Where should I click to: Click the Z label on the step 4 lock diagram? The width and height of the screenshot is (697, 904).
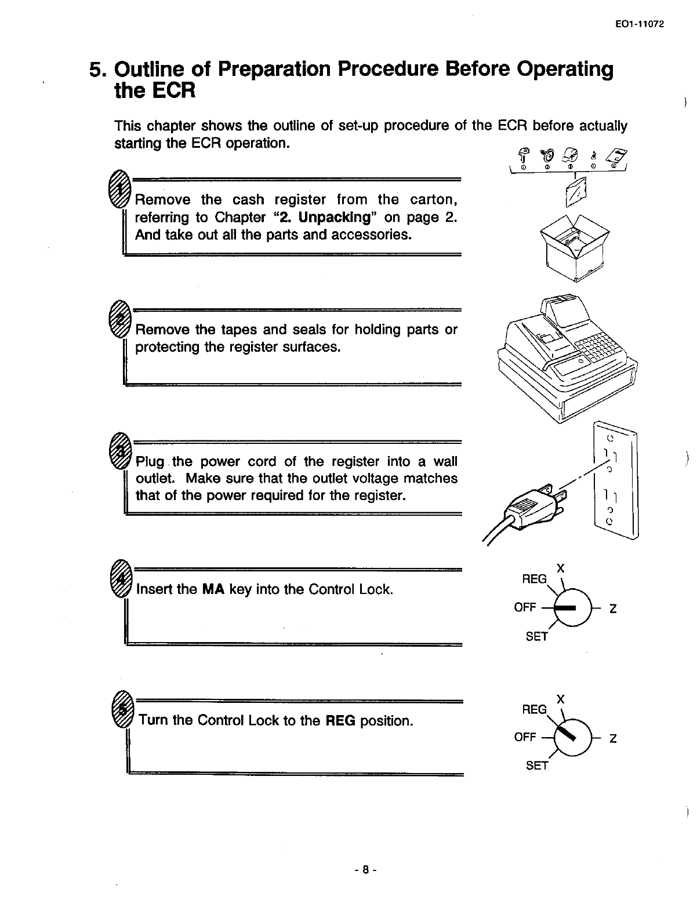click(612, 608)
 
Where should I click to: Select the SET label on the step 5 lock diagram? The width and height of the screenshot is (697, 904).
click(536, 766)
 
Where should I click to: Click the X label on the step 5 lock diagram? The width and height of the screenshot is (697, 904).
click(561, 699)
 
